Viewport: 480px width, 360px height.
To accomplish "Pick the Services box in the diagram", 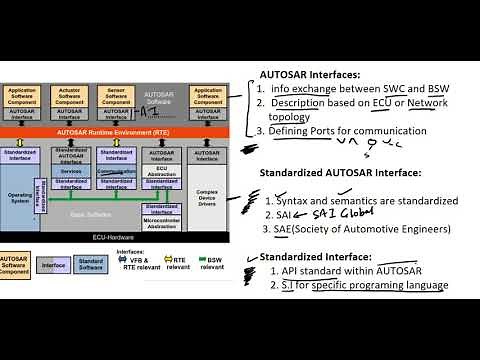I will click(72, 170).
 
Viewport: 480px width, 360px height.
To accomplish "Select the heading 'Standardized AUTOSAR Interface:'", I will click(337, 174).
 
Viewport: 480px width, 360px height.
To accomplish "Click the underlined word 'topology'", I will click(290, 117).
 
